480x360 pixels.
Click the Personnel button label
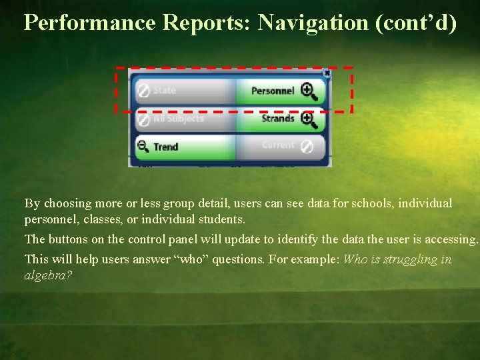272,91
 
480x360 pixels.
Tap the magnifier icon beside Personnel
309,91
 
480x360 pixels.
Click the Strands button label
277,119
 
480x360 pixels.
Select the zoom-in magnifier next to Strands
309,119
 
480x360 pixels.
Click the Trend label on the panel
165,147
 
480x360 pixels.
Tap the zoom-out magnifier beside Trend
143,146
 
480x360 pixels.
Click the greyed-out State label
165,90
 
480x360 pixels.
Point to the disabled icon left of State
143,90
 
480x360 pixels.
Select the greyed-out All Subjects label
178,119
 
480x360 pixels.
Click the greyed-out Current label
278,145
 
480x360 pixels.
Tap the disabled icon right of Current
307,146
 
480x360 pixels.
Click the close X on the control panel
326,73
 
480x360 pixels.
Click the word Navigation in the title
313,23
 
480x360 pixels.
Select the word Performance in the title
89,23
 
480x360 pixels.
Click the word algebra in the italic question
48,275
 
